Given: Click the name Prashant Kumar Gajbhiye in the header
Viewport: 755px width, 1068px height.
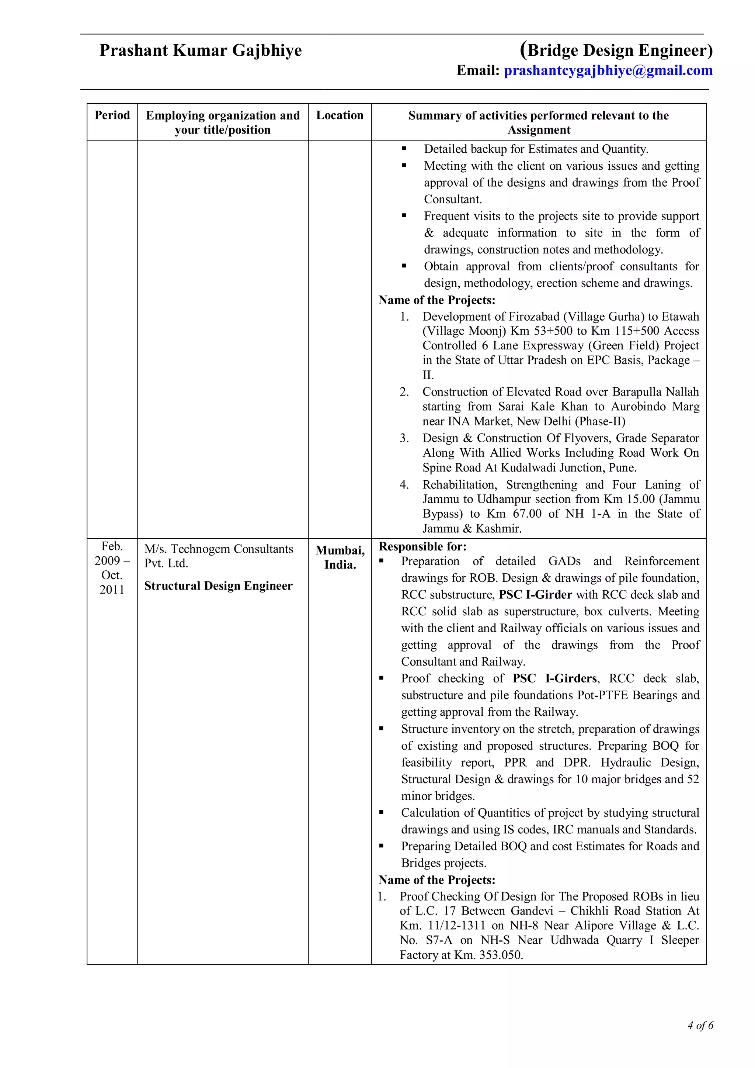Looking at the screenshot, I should pyautogui.click(x=201, y=50).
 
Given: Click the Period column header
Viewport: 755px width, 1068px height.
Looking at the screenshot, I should pyautogui.click(x=112, y=115).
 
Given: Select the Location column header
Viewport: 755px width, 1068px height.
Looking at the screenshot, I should pyautogui.click(x=340, y=115).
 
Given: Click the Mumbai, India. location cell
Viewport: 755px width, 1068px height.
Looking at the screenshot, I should pyautogui.click(x=340, y=557).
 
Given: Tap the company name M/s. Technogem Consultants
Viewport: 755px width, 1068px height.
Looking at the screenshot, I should pyautogui.click(x=219, y=549).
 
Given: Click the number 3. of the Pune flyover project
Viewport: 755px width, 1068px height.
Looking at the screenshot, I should pyautogui.click(x=404, y=438).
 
